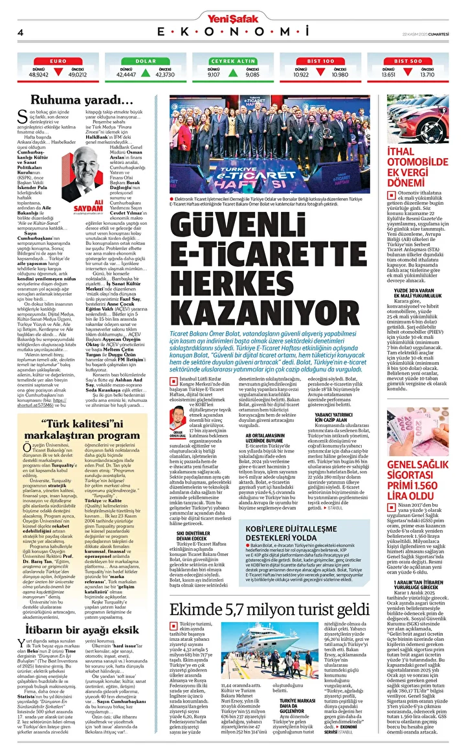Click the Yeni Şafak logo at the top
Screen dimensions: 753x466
click(x=233, y=17)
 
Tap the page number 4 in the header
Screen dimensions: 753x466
click(x=21, y=32)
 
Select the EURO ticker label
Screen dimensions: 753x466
click(x=58, y=61)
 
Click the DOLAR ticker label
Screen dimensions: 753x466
click(x=146, y=61)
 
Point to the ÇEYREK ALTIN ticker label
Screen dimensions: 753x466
click(x=233, y=61)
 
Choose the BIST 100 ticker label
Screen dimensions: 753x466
click(x=320, y=61)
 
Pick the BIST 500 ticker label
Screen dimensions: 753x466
click(x=408, y=61)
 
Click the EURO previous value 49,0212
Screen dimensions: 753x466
click(x=77, y=75)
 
